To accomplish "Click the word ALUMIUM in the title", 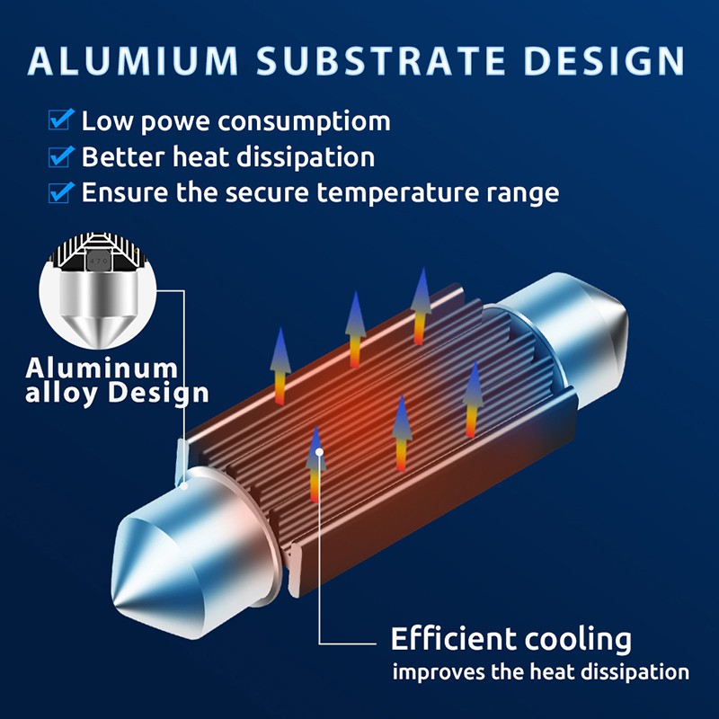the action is (x=133, y=60).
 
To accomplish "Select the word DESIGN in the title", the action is (x=604, y=60).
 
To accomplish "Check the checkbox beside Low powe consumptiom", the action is (x=61, y=120).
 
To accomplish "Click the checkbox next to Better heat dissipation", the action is (x=61, y=156).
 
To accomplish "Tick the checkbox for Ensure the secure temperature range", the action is (x=61, y=192).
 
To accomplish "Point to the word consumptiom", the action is (x=304, y=122).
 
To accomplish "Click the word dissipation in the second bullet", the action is (x=306, y=158).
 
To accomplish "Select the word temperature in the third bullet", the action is (x=397, y=193).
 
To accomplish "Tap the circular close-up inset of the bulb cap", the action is (x=98, y=290).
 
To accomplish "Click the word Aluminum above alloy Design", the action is (x=102, y=368).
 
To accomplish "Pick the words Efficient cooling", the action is (x=510, y=639).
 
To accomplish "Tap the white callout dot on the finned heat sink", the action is (x=319, y=452).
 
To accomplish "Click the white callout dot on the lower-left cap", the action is (x=184, y=486).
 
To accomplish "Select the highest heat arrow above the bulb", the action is (x=422, y=306).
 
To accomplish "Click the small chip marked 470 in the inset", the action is (x=98, y=261).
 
